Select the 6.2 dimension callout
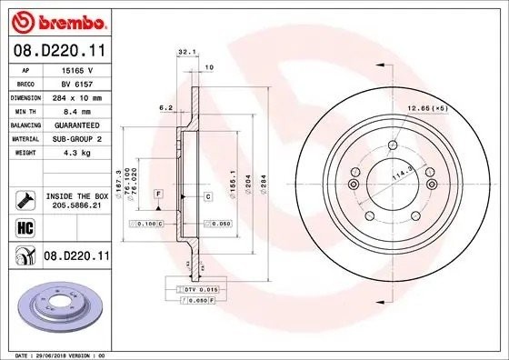click(x=165, y=107)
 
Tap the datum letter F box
click(x=158, y=195)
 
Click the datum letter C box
click(x=207, y=195)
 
